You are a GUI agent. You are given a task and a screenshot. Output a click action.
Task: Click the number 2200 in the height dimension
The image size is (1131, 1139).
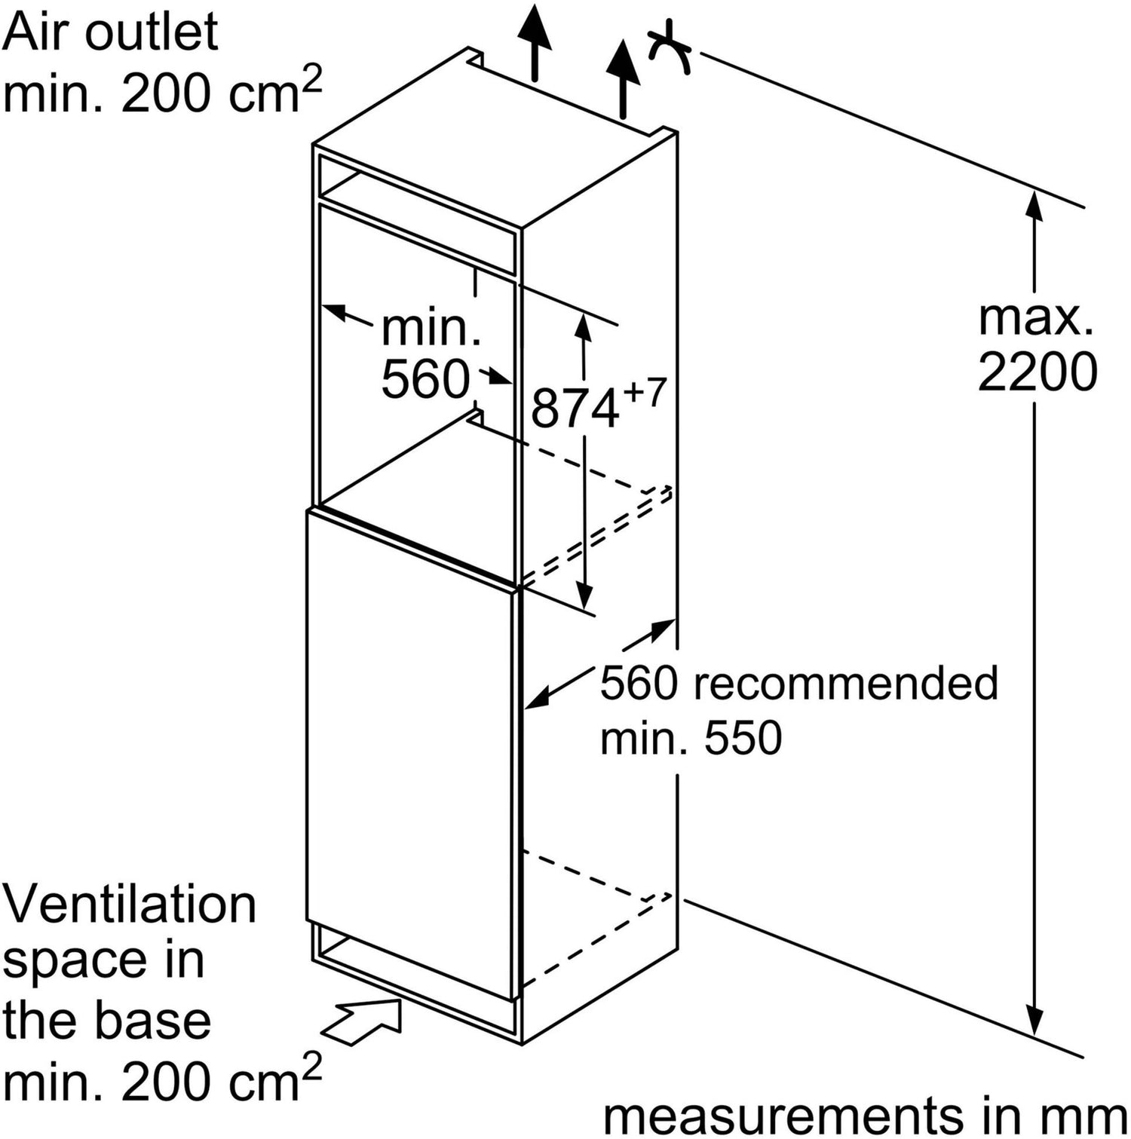1038,371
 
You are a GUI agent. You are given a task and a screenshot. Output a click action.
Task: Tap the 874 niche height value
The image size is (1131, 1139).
575,409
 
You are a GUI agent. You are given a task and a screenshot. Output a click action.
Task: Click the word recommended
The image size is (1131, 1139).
845,684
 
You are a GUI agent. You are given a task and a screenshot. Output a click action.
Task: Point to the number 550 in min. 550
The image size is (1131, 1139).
743,738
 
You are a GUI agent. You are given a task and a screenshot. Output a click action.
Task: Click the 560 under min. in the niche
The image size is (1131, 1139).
425,378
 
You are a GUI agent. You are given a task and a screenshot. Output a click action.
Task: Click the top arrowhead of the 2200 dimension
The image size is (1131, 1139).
1034,205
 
